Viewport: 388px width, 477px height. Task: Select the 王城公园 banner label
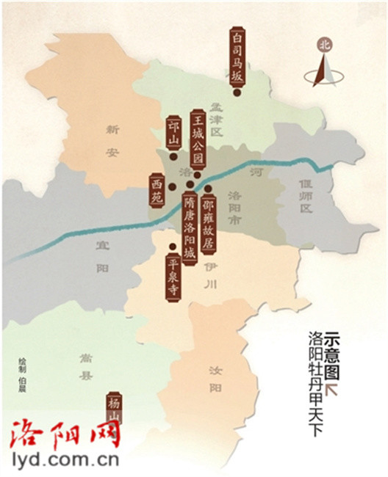pyautogui.click(x=196, y=140)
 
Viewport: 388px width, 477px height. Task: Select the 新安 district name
pyautogui.click(x=112, y=142)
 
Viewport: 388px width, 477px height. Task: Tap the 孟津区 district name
pyautogui.click(x=215, y=123)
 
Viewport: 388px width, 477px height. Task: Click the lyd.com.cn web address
pyautogui.click(x=66, y=461)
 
